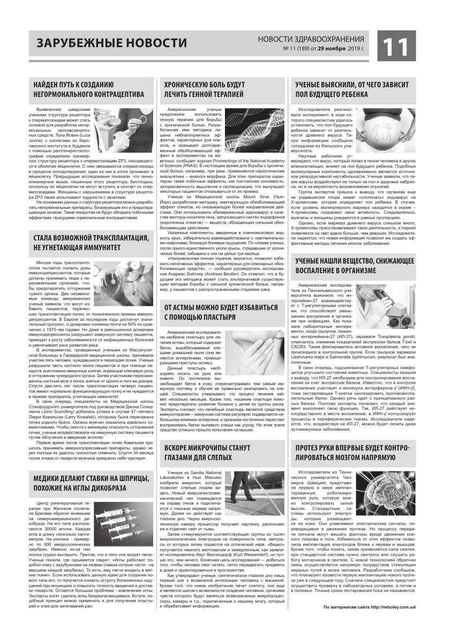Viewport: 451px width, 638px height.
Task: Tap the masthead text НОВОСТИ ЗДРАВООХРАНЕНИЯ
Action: (x=311, y=39)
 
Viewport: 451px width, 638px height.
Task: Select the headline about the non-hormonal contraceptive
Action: (x=88, y=89)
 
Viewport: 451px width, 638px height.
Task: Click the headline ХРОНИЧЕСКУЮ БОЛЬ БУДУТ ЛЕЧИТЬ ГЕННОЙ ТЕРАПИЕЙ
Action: (x=205, y=89)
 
